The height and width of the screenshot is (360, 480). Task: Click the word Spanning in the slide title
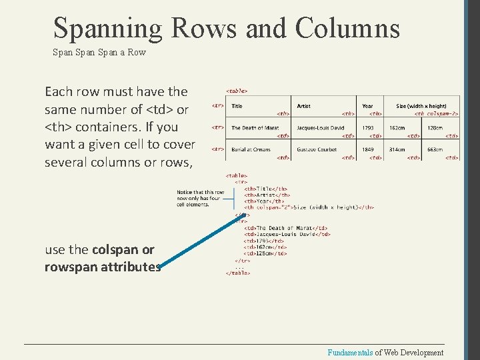point(107,29)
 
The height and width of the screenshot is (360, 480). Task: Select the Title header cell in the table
point(237,106)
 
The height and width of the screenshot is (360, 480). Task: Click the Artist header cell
point(304,106)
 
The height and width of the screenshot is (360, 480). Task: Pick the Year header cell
point(367,106)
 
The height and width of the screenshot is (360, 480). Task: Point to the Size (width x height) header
point(421,106)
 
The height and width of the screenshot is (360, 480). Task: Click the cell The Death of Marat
point(254,127)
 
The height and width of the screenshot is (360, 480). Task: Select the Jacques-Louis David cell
point(321,127)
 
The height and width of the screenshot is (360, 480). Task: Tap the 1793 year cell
point(368,127)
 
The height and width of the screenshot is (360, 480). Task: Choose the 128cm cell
point(435,127)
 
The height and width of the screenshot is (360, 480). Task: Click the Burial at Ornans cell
point(251,149)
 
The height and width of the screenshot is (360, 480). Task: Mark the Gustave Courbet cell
point(317,149)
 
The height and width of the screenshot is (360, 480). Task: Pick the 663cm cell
point(435,149)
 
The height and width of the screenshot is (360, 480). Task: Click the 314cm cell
point(397,149)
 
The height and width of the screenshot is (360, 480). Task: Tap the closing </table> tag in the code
point(238,273)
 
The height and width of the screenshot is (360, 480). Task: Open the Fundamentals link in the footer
point(349,353)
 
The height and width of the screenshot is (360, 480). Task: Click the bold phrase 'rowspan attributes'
point(103,267)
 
